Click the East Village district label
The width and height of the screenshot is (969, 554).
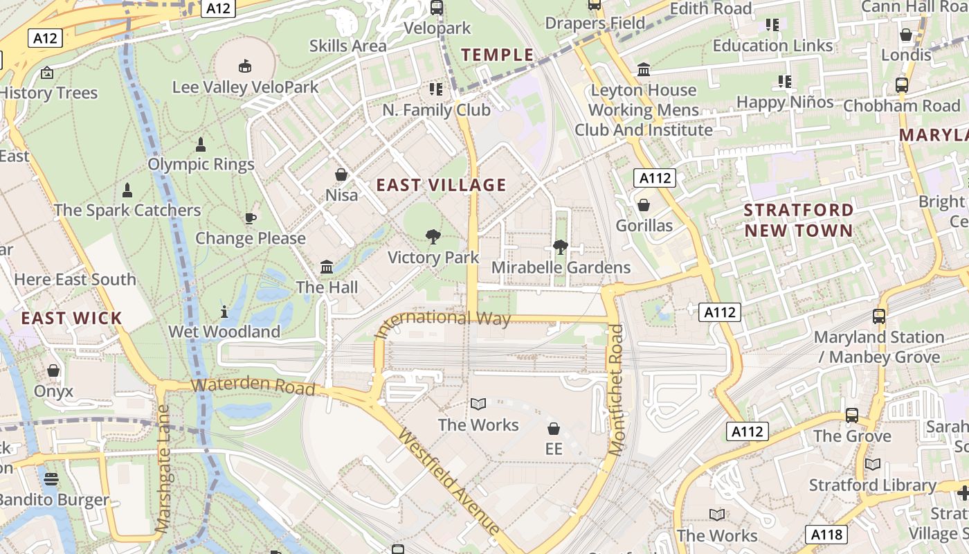441,185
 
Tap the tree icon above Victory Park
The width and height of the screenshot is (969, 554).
433,237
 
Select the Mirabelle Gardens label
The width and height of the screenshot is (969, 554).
561,267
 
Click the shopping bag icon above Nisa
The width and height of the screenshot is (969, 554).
341,175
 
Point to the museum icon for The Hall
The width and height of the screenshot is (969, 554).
327,267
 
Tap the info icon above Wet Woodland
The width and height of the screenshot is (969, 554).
224,311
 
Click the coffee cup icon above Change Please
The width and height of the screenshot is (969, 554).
250,218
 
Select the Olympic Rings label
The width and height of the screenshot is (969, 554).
201,164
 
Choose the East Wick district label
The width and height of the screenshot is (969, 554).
71,319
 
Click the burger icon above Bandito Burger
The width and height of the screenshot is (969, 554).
51,479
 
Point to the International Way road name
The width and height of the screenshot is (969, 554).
443,321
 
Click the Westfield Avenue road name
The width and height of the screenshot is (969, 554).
449,483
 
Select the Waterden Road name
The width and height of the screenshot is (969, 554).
253,386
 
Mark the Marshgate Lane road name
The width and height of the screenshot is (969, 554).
163,469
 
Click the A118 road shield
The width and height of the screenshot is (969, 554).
826,535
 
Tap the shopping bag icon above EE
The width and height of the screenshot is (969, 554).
553,429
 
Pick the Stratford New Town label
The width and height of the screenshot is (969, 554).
799,220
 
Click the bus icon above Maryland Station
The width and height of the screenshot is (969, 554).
879,316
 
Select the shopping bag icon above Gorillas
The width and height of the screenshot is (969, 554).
644,206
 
